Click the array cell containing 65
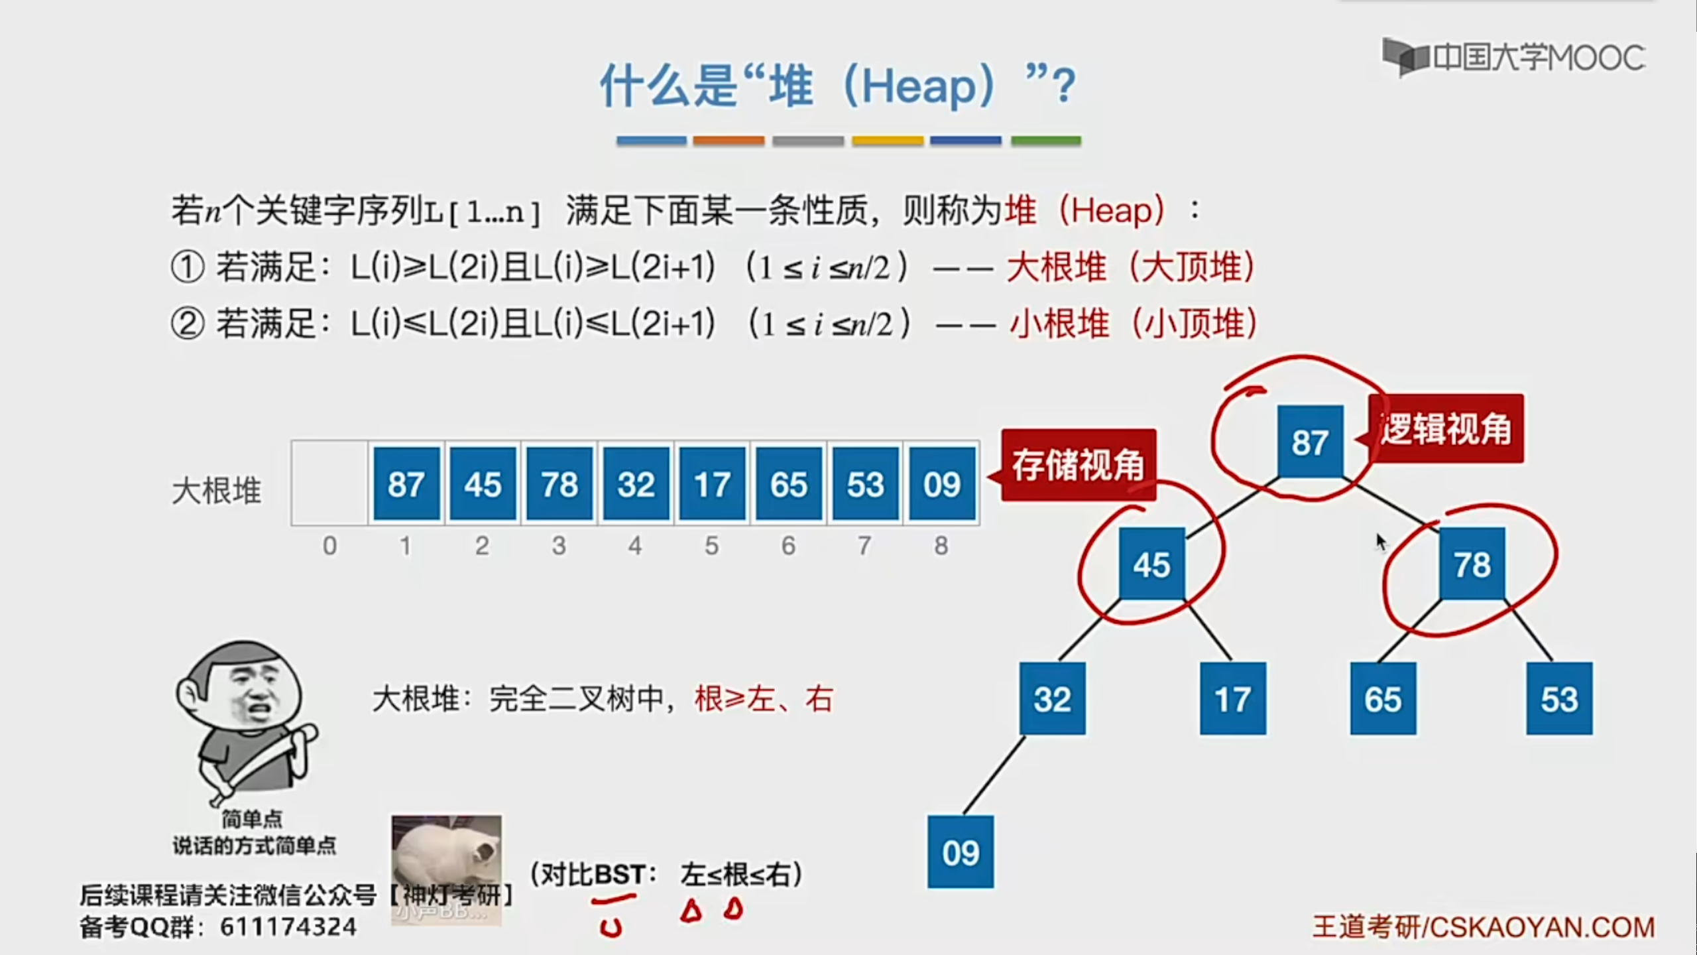pyautogui.click(x=789, y=483)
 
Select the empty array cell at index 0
pyautogui.click(x=329, y=483)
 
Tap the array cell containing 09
pyautogui.click(x=942, y=483)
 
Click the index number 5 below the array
pyautogui.click(x=712, y=546)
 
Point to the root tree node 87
pyautogui.click(x=1311, y=442)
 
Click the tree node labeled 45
pyautogui.click(x=1152, y=564)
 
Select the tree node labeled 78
pyautogui.click(x=1472, y=564)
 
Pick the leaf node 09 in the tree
pyautogui.click(x=961, y=852)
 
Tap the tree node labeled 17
pyautogui.click(x=1233, y=698)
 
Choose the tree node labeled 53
pyautogui.click(x=1559, y=698)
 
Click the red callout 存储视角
pyautogui.click(x=1078, y=465)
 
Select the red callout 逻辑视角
pyautogui.click(x=1445, y=428)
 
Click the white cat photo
pyautogui.click(x=446, y=870)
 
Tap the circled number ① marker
pyautogui.click(x=188, y=267)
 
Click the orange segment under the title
pyautogui.click(x=729, y=141)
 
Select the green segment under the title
pyautogui.click(x=1046, y=141)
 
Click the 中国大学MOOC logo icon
pyautogui.click(x=1406, y=56)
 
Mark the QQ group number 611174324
pyautogui.click(x=288, y=926)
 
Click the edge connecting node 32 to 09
pyautogui.click(x=993, y=775)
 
